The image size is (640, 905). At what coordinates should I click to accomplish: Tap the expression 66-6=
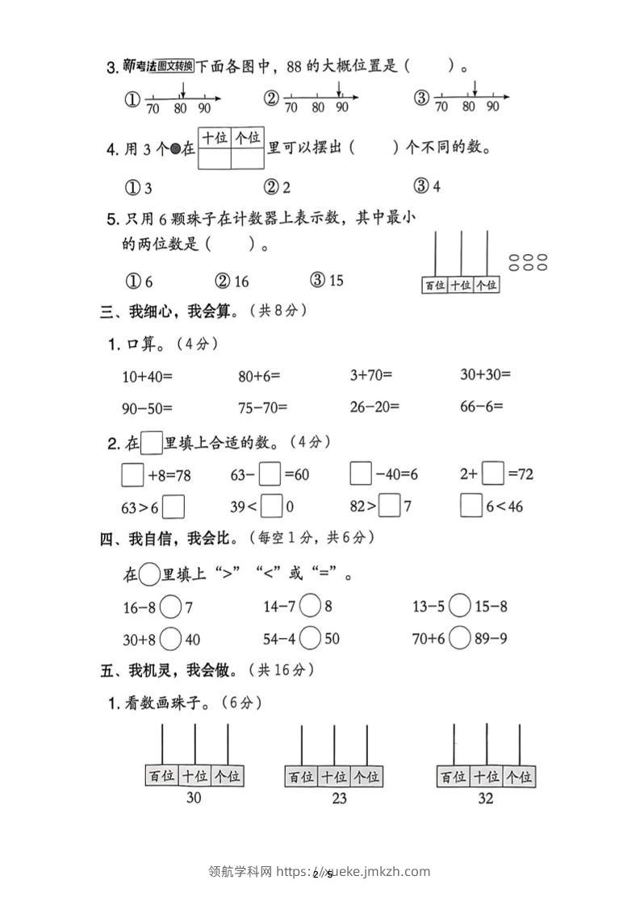click(x=481, y=407)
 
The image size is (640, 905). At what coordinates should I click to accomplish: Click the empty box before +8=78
click(x=132, y=474)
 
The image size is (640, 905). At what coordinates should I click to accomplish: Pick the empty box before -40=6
click(x=361, y=474)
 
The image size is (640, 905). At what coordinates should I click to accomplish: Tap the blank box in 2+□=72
click(x=493, y=474)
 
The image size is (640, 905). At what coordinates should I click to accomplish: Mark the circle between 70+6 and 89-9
click(x=459, y=639)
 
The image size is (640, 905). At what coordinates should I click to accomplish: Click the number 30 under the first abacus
click(x=194, y=799)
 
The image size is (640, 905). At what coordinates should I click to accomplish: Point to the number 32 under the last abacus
click(x=485, y=799)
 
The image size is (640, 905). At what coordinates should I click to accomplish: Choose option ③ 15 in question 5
click(x=326, y=280)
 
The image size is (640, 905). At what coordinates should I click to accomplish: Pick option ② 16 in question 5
click(x=232, y=280)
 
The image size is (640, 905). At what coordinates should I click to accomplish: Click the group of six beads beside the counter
click(x=529, y=262)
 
